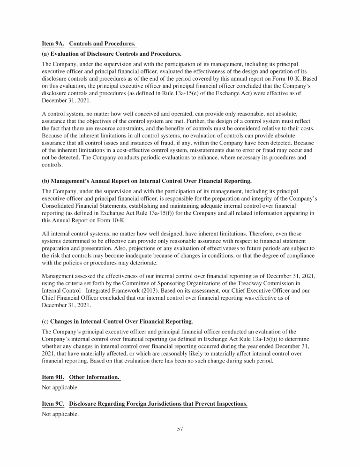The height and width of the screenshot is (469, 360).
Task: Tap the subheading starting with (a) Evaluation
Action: point(112,54)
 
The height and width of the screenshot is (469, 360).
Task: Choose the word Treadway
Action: point(235,283)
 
